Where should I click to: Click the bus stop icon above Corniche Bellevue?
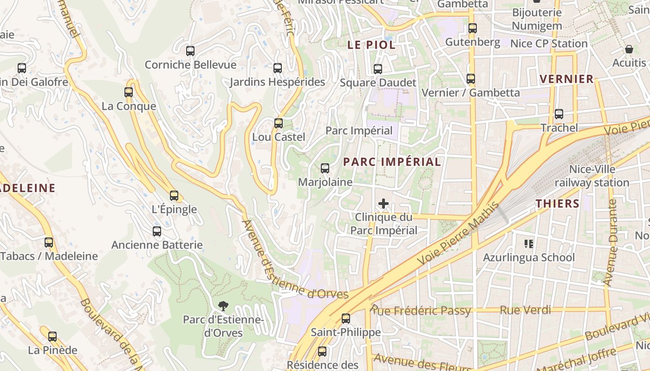[x=190, y=51]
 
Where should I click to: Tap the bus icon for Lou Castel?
[x=278, y=123]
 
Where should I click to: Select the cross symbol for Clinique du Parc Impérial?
[x=383, y=203]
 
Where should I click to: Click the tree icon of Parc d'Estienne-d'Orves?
[x=223, y=306]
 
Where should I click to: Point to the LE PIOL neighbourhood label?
[x=372, y=45]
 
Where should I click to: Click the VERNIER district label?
[x=567, y=79]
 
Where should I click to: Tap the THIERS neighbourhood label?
[x=558, y=203]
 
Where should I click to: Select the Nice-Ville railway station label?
[x=592, y=176]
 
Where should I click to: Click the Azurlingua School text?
[x=529, y=257]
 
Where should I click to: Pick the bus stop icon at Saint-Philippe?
[x=345, y=319]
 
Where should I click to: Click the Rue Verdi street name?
[x=525, y=310]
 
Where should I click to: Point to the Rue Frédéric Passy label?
[x=421, y=311]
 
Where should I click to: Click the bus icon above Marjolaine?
[x=325, y=168]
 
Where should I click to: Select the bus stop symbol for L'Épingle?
[x=174, y=196]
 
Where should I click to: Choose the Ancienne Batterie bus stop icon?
[x=157, y=231]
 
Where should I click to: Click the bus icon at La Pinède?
[x=52, y=337]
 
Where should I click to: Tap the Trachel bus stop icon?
[x=559, y=114]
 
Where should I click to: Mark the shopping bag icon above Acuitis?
[x=629, y=49]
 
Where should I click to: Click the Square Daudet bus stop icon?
[x=378, y=69]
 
